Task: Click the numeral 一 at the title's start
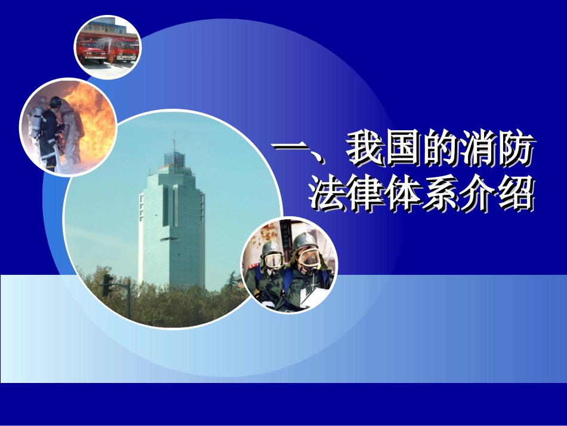(x=292, y=149)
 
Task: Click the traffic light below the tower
(x=107, y=284)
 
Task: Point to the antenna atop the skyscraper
(x=174, y=143)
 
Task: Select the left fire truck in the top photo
(x=90, y=50)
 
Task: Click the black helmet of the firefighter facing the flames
(x=55, y=102)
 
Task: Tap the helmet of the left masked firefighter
(x=272, y=247)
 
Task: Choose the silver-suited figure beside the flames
(x=71, y=134)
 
